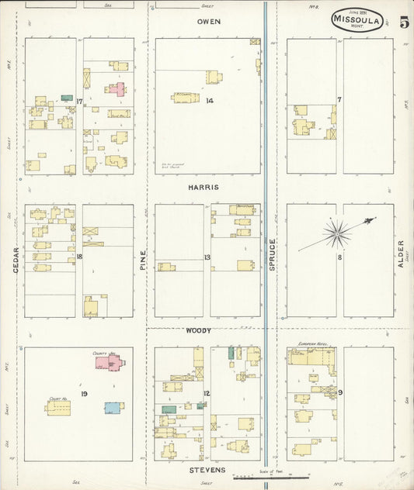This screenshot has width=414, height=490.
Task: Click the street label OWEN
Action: (208, 21)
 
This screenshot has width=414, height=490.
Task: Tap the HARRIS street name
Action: (203, 188)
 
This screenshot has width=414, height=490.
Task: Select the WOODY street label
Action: (197, 331)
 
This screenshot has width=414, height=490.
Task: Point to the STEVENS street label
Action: (207, 471)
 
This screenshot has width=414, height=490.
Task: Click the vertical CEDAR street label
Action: (15, 259)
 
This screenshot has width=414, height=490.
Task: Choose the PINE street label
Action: (143, 259)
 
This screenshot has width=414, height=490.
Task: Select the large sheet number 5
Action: (404, 21)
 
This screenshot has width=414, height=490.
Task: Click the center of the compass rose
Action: (337, 232)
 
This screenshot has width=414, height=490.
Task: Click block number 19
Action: (83, 394)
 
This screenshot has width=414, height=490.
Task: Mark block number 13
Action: (207, 257)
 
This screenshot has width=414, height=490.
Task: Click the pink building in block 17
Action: (116, 89)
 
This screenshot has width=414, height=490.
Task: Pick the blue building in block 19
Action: (113, 407)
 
